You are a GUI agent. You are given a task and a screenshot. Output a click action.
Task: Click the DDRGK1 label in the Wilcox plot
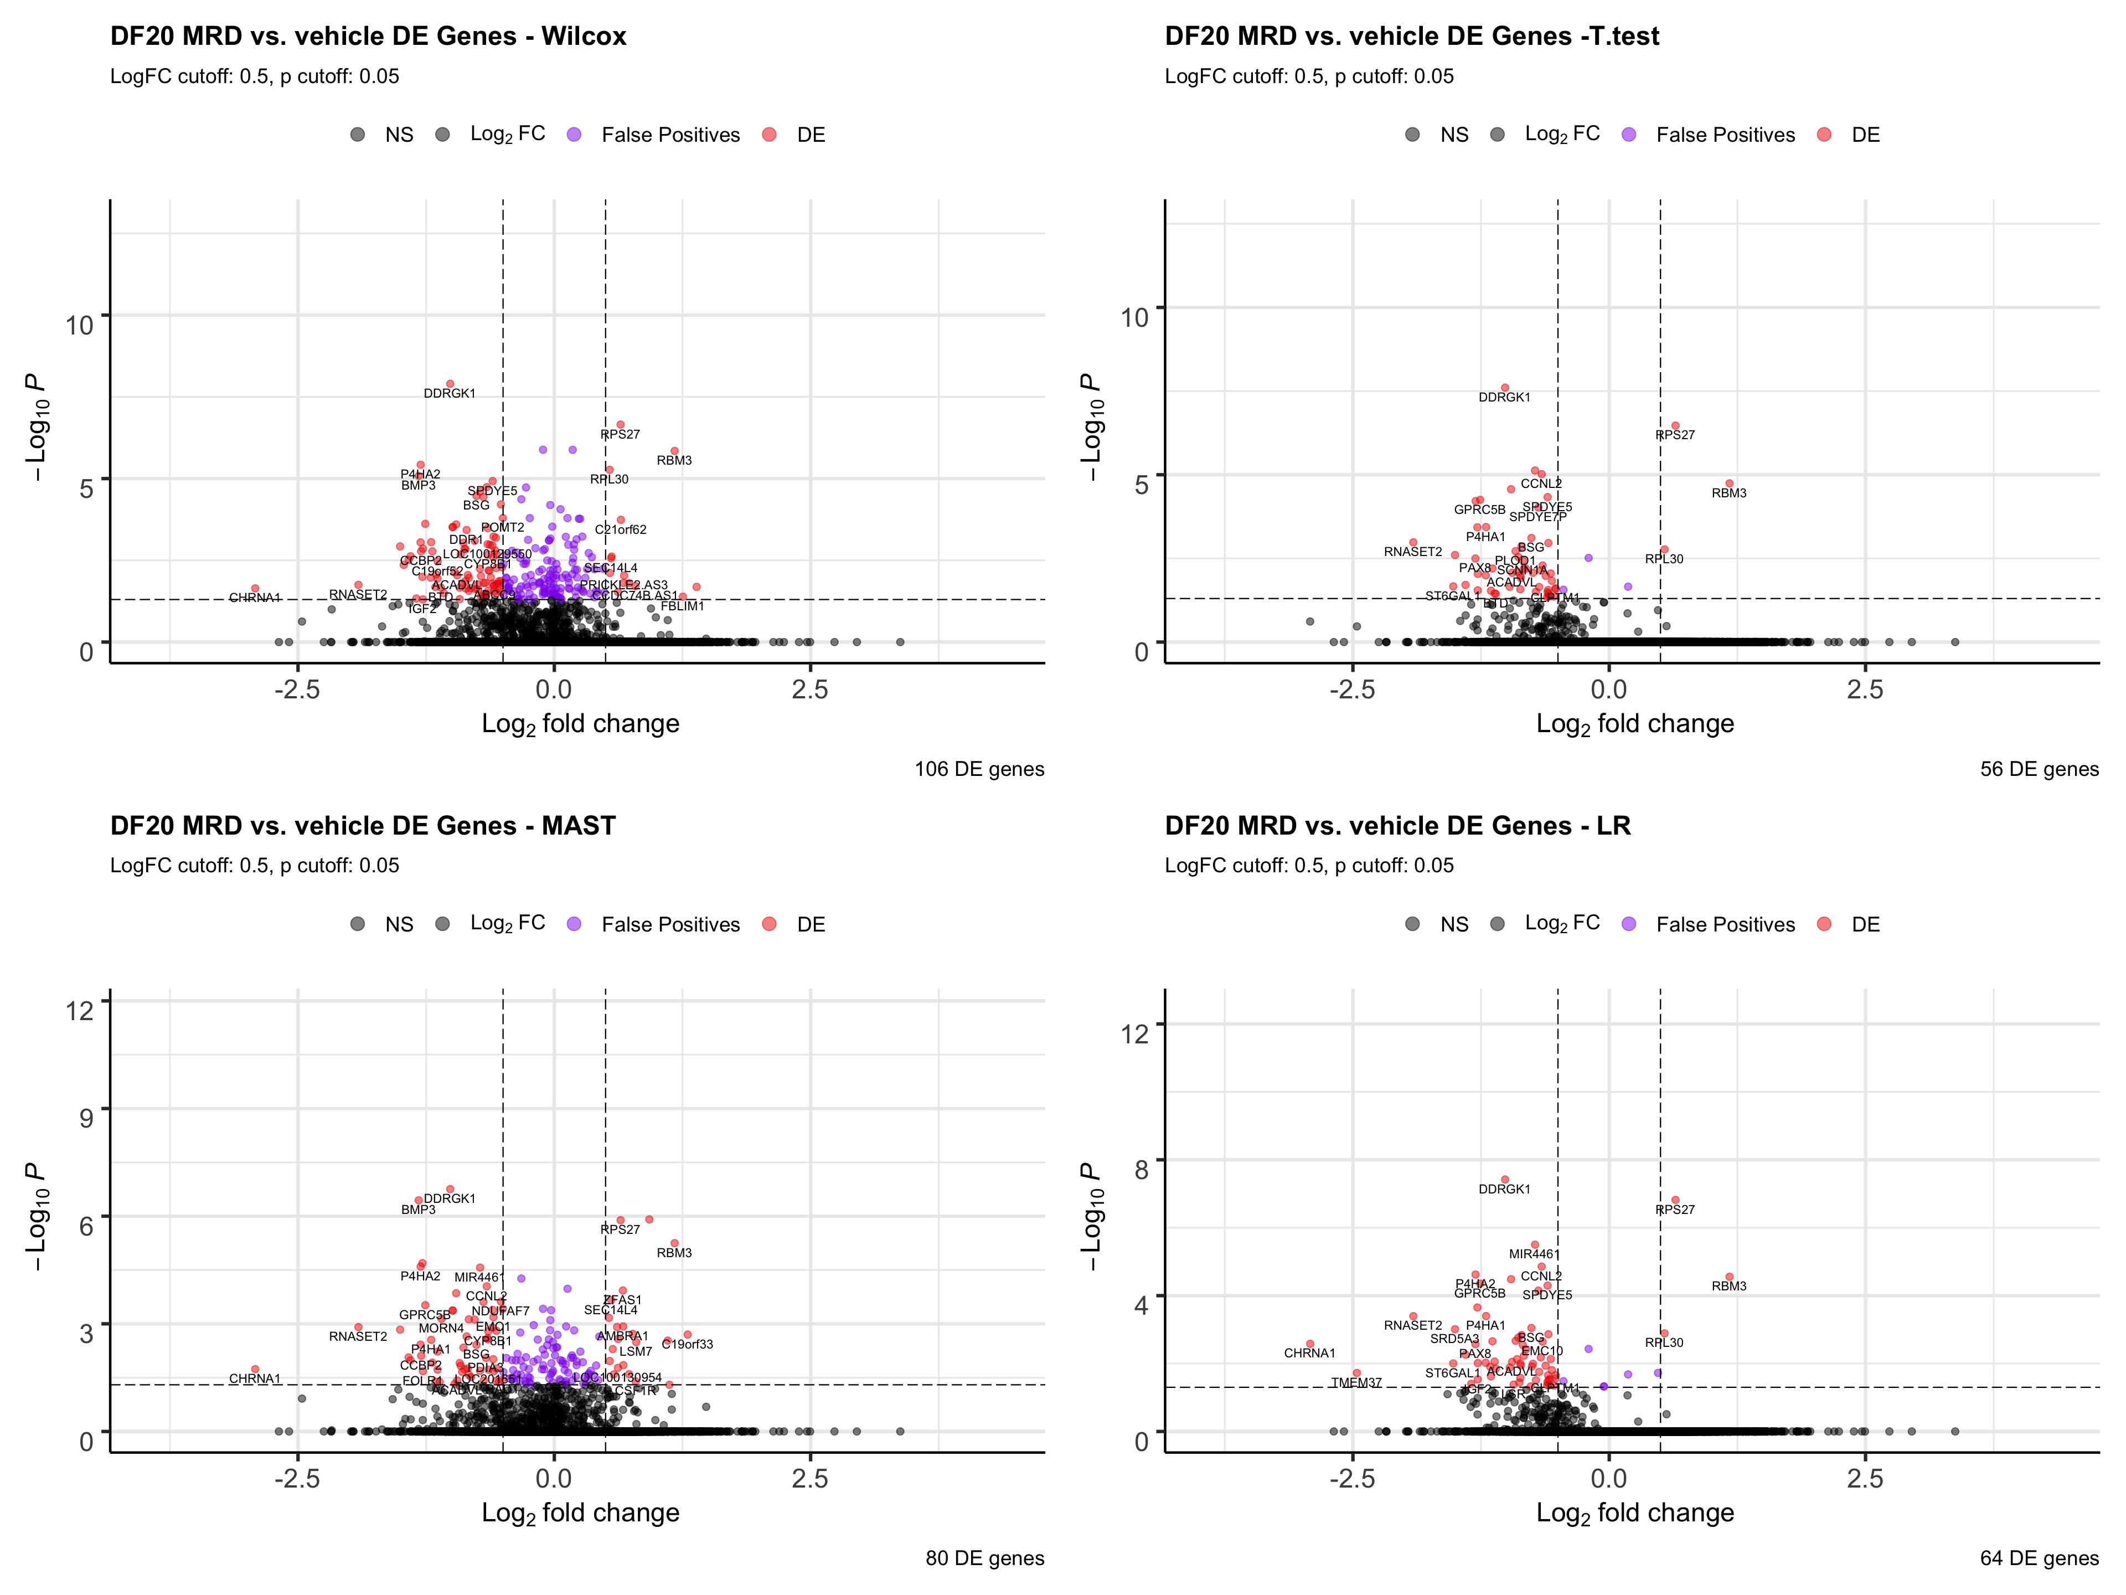[449, 393]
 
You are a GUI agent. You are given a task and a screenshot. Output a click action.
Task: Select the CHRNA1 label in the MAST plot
[255, 1378]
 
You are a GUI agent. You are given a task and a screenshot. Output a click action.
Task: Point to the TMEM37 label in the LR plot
[1355, 1382]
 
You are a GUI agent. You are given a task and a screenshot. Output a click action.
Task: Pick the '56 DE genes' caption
[2039, 769]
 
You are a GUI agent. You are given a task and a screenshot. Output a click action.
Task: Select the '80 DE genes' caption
[984, 1558]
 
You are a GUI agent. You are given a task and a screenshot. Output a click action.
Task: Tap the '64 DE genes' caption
[2039, 1558]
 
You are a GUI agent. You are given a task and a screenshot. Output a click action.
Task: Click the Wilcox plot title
[368, 37]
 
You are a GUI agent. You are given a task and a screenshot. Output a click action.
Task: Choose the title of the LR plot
[1397, 826]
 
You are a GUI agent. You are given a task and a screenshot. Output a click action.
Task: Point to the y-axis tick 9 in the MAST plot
[86, 1117]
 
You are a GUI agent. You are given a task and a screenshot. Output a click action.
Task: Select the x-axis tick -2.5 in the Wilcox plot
[297, 690]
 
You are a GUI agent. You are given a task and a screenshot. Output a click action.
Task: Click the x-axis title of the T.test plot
[1635, 724]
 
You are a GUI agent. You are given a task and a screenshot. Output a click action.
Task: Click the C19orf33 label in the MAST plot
[687, 1344]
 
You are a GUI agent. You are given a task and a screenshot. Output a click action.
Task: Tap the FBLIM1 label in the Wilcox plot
[683, 606]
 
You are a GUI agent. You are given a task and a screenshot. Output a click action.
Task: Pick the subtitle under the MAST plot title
[255, 865]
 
